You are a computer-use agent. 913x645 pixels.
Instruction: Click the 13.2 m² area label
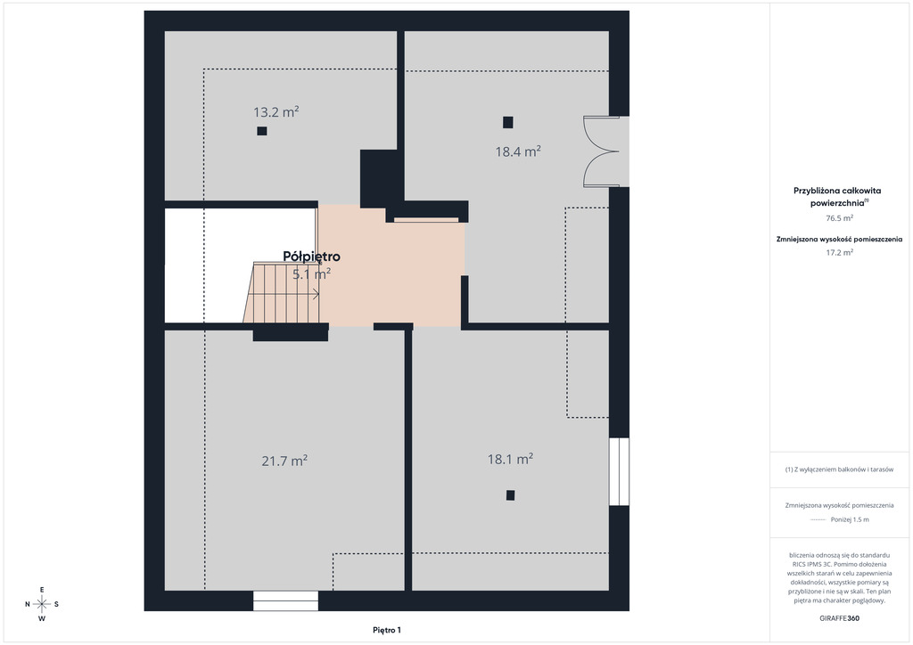pyautogui.click(x=276, y=111)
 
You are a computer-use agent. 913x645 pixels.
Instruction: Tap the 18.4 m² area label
pyautogui.click(x=518, y=151)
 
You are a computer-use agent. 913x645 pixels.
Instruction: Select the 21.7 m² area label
pyautogui.click(x=284, y=461)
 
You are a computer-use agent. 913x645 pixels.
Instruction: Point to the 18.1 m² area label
pyautogui.click(x=510, y=459)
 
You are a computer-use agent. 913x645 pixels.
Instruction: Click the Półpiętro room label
pyautogui.click(x=311, y=257)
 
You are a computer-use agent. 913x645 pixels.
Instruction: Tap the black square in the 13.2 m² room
pyautogui.click(x=262, y=131)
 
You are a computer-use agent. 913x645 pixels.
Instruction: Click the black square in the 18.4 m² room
pyautogui.click(x=507, y=122)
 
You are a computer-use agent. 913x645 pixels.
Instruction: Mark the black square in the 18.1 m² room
pyautogui.click(x=510, y=495)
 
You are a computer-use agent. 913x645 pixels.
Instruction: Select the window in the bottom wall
pyautogui.click(x=285, y=600)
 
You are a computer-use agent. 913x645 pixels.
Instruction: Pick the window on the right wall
pyautogui.click(x=619, y=471)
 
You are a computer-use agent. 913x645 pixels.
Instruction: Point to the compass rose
pyautogui.click(x=42, y=604)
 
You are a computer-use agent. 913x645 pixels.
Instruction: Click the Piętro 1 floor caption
pyautogui.click(x=387, y=630)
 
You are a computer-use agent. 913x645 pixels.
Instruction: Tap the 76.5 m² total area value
pyautogui.click(x=839, y=218)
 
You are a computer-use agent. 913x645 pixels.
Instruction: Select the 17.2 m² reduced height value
pyautogui.click(x=839, y=252)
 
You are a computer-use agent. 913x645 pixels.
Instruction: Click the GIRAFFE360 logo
pyautogui.click(x=839, y=618)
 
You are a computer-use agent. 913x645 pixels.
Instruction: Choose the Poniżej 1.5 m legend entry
pyautogui.click(x=850, y=519)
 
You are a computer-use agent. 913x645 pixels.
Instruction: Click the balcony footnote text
pyautogui.click(x=839, y=469)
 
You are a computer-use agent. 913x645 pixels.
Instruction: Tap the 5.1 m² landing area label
pyautogui.click(x=311, y=274)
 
